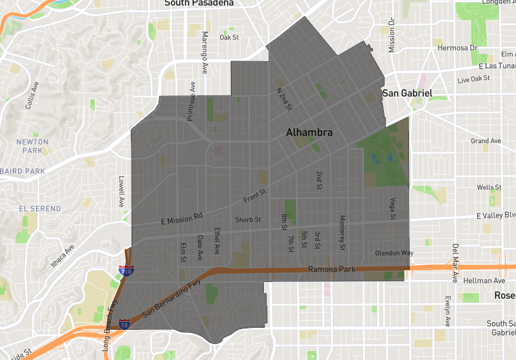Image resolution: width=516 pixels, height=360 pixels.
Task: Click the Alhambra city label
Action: tap(310, 132)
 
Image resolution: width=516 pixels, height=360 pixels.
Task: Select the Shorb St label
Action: tap(248, 219)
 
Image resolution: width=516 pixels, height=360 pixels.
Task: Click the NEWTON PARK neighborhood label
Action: tap(32, 146)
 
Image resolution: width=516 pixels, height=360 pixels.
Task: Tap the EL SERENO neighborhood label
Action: tap(40, 209)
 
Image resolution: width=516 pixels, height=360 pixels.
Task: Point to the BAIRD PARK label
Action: tap(23, 171)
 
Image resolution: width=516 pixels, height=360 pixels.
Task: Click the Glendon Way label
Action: tap(394, 253)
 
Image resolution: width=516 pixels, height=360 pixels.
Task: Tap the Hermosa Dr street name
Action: tap(457, 48)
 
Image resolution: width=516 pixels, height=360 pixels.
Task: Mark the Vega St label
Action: tap(392, 210)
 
